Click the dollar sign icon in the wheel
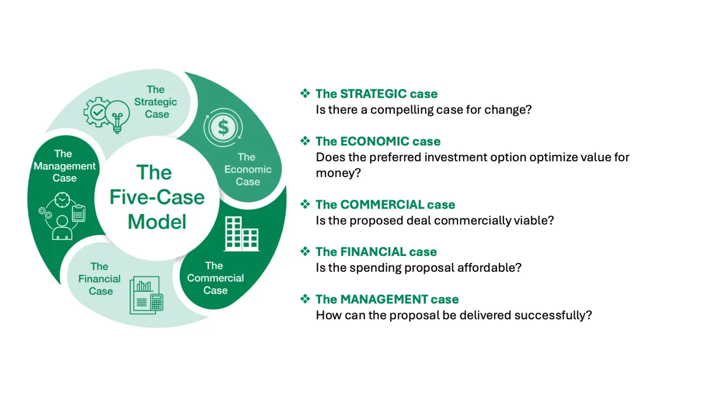[x=223, y=127]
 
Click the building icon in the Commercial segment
[x=241, y=233]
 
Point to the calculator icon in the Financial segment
[x=157, y=302]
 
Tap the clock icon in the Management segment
[x=62, y=201]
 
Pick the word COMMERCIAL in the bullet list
[x=381, y=205]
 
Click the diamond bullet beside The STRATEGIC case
[x=304, y=93]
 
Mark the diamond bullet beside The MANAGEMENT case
[x=304, y=299]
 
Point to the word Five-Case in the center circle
[x=157, y=197]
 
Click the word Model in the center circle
[x=157, y=221]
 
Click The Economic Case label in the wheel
[x=248, y=169]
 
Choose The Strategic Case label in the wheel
[x=156, y=102]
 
